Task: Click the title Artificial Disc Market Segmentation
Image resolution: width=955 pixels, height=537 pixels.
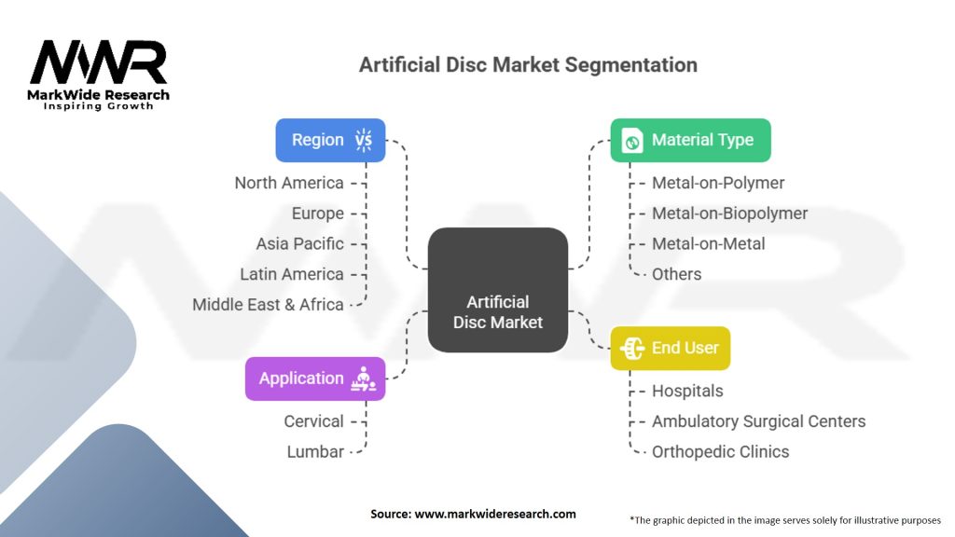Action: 528,65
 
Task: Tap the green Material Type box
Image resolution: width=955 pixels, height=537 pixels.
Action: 690,140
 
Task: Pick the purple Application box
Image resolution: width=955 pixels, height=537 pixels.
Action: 314,379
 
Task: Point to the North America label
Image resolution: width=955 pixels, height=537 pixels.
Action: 289,183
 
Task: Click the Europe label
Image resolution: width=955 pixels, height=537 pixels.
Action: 317,213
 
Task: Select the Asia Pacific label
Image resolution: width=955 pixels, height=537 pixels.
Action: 300,243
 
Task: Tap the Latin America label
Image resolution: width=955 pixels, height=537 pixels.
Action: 292,274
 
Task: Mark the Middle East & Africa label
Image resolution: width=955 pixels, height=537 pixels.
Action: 268,304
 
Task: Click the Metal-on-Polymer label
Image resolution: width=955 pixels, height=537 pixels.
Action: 718,183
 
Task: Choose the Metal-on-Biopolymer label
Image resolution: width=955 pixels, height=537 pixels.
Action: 729,213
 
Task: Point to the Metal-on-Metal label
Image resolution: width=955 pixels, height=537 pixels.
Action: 708,243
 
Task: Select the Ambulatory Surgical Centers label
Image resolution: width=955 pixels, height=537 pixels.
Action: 758,421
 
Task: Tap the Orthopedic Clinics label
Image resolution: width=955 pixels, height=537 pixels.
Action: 720,451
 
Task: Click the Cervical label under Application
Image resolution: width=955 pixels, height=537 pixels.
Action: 313,421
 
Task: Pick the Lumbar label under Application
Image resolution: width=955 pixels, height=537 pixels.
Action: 315,451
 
